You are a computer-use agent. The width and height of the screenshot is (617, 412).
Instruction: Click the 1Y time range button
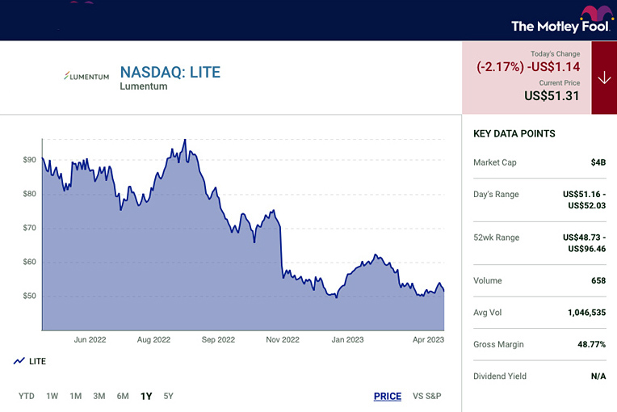tap(146, 396)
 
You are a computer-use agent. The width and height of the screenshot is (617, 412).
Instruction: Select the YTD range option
tap(27, 396)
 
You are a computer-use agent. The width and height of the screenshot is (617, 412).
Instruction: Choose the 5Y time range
tap(168, 396)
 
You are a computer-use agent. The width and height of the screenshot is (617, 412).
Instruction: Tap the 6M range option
tap(122, 396)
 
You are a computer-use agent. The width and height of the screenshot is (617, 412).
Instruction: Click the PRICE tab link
tap(388, 396)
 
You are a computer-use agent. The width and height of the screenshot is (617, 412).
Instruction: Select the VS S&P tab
tap(426, 396)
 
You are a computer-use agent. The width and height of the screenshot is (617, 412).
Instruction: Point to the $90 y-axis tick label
tap(29, 160)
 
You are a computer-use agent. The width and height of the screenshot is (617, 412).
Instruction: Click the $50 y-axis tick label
tap(29, 296)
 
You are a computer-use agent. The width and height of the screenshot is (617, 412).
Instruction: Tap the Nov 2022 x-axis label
tap(283, 340)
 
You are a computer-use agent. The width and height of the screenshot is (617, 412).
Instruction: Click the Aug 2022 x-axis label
tap(153, 340)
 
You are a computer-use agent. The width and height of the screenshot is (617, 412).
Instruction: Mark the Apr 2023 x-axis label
tap(428, 340)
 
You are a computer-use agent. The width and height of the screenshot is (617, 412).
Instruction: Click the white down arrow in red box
tap(603, 78)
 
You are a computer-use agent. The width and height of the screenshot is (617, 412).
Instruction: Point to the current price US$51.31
tap(552, 95)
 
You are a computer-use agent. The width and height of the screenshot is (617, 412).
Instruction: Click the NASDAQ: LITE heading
tap(170, 72)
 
